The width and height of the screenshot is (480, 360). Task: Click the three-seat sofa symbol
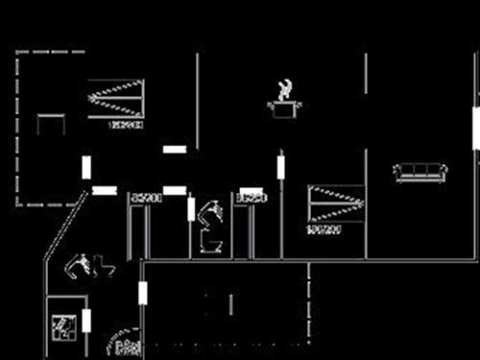click(x=421, y=173)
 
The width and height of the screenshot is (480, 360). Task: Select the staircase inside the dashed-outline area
click(x=115, y=98)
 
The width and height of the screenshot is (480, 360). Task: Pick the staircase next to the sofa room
click(x=337, y=204)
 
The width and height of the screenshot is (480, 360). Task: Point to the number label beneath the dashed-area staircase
click(x=126, y=125)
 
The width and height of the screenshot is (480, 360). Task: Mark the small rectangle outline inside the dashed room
click(x=51, y=125)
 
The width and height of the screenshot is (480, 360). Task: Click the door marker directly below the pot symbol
click(x=281, y=166)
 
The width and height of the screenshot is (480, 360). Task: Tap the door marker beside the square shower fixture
click(x=86, y=321)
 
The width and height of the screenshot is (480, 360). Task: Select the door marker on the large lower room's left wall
click(x=143, y=293)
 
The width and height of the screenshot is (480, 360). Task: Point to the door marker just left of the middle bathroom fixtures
click(x=192, y=208)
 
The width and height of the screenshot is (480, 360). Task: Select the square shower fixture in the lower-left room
click(x=64, y=326)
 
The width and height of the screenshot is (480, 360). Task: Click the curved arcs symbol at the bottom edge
click(x=125, y=348)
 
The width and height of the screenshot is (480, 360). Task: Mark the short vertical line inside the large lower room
click(x=230, y=304)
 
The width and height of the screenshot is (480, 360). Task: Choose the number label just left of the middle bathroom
click(x=146, y=197)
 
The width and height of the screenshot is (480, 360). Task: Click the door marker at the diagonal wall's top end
click(x=105, y=190)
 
